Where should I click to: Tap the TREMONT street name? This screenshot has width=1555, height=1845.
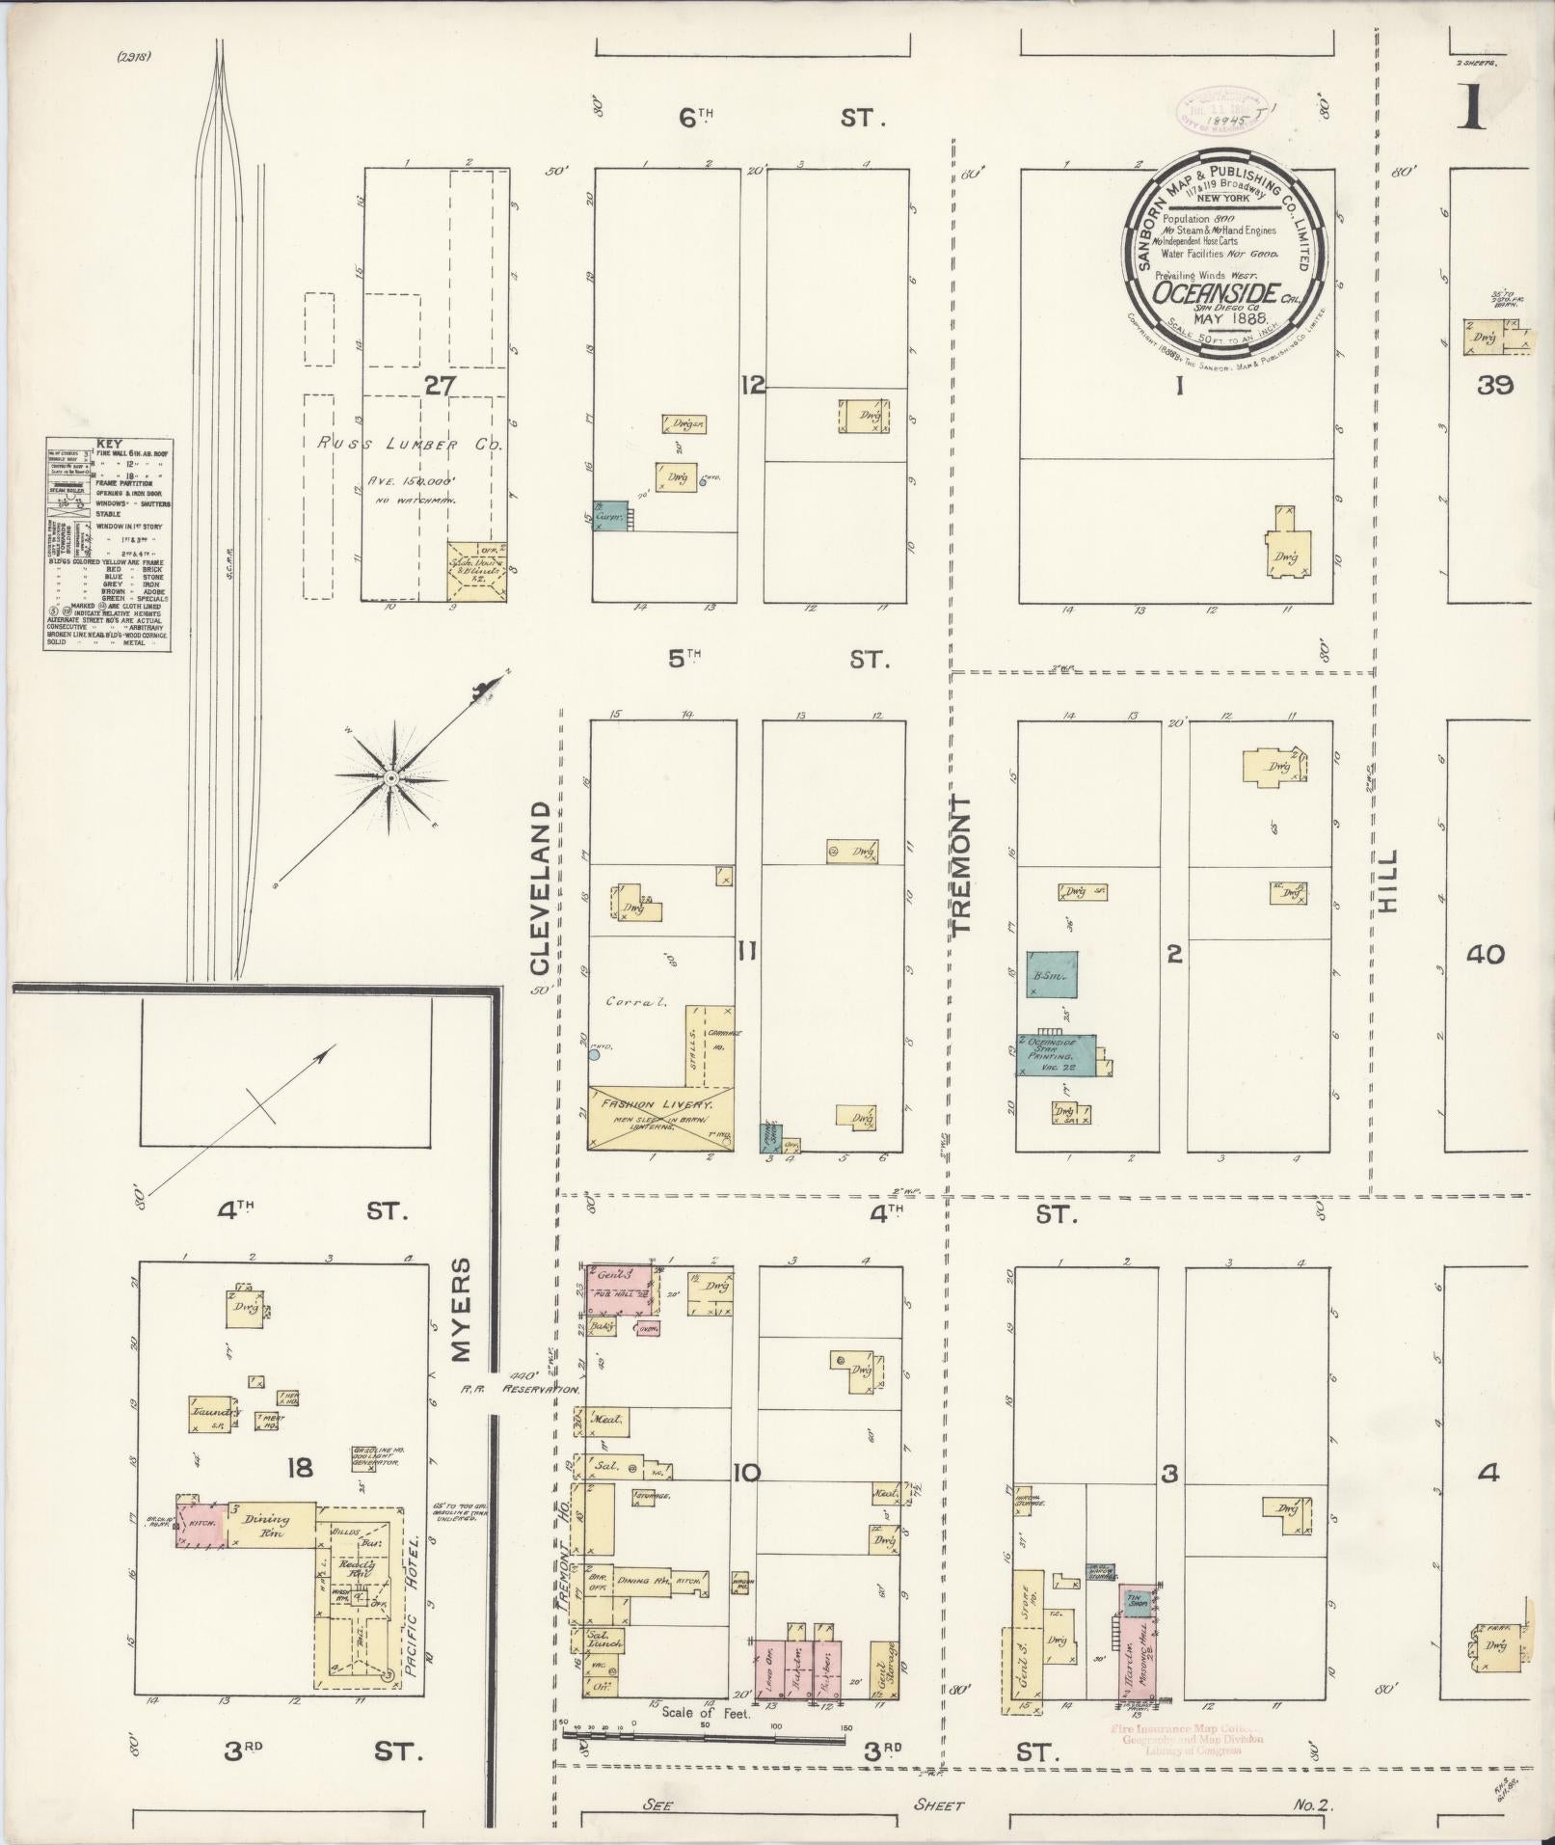click(x=962, y=864)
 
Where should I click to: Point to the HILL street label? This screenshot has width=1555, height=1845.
click(x=1388, y=882)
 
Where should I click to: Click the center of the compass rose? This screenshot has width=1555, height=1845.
click(x=391, y=777)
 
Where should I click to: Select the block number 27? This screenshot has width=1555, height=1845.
click(x=440, y=386)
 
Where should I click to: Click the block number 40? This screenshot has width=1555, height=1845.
click(x=1485, y=955)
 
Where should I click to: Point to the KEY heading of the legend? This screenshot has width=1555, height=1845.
click(x=110, y=444)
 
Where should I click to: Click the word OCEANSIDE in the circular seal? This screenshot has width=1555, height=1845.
click(x=1217, y=293)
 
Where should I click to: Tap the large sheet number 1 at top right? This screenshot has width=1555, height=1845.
click(x=1471, y=108)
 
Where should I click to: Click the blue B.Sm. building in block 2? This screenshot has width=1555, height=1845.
click(x=1050, y=974)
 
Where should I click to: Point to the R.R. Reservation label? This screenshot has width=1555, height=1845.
click(x=518, y=1390)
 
